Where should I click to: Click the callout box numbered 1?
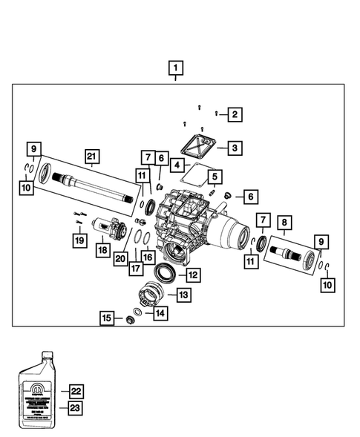(175, 70)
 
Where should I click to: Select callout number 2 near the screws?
(235, 114)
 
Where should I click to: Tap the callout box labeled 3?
(235, 148)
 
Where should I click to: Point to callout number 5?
(214, 177)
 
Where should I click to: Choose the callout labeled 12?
(192, 275)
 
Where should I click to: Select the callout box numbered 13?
(183, 295)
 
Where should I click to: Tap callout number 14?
(160, 314)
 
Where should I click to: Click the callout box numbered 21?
(91, 157)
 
